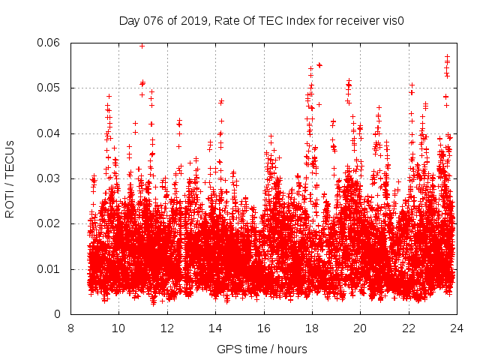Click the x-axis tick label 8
click(x=70, y=328)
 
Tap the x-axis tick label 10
click(x=118, y=328)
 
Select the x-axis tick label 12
click(x=166, y=328)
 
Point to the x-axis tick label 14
click(x=215, y=328)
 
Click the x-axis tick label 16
click(x=263, y=328)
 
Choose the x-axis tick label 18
click(x=311, y=328)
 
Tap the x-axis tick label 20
click(x=360, y=328)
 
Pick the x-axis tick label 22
click(x=408, y=328)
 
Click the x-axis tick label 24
click(x=456, y=328)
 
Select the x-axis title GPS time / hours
click(x=263, y=349)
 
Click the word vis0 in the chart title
click(x=393, y=20)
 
